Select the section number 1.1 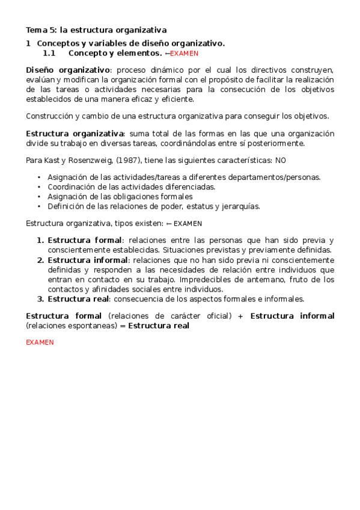(49, 53)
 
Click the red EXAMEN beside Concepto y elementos (185, 54)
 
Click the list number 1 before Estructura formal (40, 240)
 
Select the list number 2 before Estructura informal (40, 260)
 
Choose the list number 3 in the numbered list (40, 298)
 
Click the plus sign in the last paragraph (240, 316)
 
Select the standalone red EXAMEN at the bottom (40, 342)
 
